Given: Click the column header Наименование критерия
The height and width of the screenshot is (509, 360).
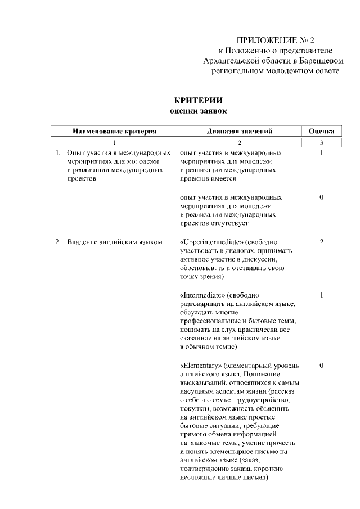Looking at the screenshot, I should pyautogui.click(x=114, y=132).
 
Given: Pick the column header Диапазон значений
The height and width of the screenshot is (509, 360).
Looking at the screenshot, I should pyautogui.click(x=240, y=132).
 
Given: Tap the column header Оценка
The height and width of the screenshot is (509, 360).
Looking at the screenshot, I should pyautogui.click(x=321, y=132).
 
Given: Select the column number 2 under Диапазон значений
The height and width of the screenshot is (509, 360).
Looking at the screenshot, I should pyautogui.click(x=240, y=143).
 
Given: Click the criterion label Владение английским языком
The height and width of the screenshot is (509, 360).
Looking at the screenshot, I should pyautogui.click(x=114, y=242).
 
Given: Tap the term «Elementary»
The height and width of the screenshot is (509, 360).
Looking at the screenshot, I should pyautogui.click(x=200, y=366).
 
